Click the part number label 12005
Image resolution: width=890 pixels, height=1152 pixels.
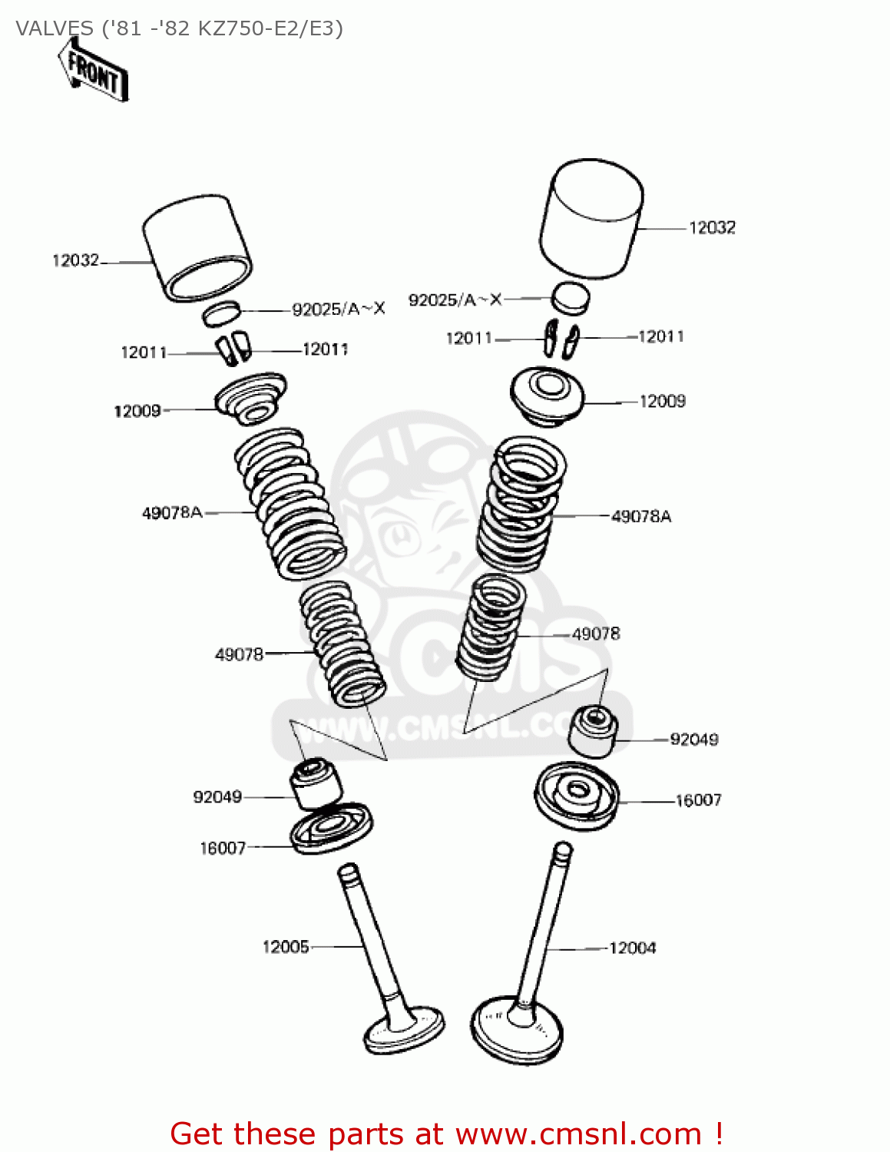286,946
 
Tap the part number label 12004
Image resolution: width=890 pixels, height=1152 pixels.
632,948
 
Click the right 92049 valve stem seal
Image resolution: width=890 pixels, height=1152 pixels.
592,730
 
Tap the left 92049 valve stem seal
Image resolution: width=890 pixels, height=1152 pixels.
314,784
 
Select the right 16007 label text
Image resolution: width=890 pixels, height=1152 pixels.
698,800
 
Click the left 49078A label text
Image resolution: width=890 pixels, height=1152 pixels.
172,512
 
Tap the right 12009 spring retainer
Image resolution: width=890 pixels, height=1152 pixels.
548,395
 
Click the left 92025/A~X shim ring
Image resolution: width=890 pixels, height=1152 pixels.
222,313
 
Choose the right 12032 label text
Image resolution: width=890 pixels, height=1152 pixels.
712,227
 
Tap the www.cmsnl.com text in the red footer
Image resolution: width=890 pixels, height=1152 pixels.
578,1134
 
